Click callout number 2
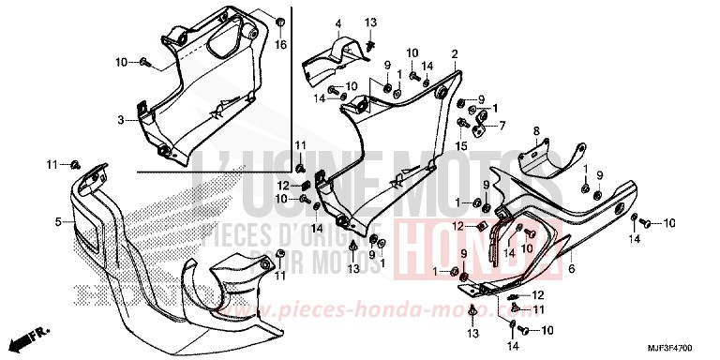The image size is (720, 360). point(454,54)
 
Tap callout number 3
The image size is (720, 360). point(121,120)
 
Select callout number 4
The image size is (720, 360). point(337,22)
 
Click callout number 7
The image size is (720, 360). point(502,126)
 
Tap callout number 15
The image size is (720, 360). point(461,146)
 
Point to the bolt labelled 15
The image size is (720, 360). point(463,124)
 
